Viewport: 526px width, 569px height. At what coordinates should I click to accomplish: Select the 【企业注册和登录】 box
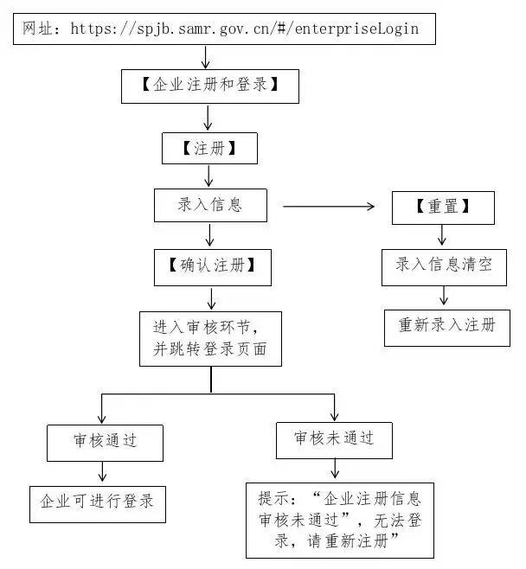click(209, 86)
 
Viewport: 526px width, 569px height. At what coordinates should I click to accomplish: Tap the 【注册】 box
click(209, 148)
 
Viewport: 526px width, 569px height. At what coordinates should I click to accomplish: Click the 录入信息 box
click(209, 205)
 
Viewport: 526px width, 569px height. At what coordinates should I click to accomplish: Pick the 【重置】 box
click(442, 208)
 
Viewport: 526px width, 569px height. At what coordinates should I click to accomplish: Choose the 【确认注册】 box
click(212, 267)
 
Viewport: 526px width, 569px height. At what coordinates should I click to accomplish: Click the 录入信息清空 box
click(443, 267)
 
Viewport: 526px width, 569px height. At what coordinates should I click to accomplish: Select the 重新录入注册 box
click(447, 326)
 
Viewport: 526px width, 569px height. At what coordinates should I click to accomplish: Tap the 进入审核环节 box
click(210, 338)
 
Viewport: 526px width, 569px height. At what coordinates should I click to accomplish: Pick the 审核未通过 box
click(334, 438)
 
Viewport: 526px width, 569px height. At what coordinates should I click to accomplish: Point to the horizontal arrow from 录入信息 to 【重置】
click(329, 206)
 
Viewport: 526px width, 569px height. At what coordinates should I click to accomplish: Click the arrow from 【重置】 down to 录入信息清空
click(442, 235)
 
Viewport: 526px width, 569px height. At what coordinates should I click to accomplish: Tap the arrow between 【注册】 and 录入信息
click(208, 176)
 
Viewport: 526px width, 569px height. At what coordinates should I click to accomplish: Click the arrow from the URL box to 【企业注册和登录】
click(206, 56)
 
